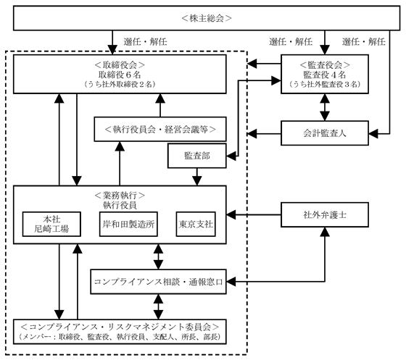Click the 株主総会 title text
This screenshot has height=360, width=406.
[207, 18]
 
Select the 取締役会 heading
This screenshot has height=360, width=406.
[120, 64]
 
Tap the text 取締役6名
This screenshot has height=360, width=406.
[120, 75]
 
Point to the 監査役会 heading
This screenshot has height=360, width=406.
[325, 64]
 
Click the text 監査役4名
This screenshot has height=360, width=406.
[325, 75]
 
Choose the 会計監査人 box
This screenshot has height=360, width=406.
[325, 133]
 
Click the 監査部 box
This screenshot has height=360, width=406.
[197, 156]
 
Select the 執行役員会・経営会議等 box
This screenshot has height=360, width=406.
[160, 129]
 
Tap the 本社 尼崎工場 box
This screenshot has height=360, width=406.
[51, 224]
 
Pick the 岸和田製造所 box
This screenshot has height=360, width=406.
[128, 224]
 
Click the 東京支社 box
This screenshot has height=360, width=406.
[196, 224]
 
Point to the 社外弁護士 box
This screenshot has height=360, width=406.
[325, 214]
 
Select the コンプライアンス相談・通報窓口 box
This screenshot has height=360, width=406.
[158, 282]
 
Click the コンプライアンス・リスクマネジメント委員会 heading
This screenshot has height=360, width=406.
[120, 327]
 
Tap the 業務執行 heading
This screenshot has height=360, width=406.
[120, 196]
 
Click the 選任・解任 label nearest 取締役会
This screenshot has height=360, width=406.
[145, 41]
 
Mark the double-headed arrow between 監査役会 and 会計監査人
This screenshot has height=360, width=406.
[325, 107]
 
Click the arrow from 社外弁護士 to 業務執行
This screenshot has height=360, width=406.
[254, 214]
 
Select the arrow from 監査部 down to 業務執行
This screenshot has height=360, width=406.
[197, 177]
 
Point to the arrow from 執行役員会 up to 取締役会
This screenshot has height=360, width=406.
[160, 105]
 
